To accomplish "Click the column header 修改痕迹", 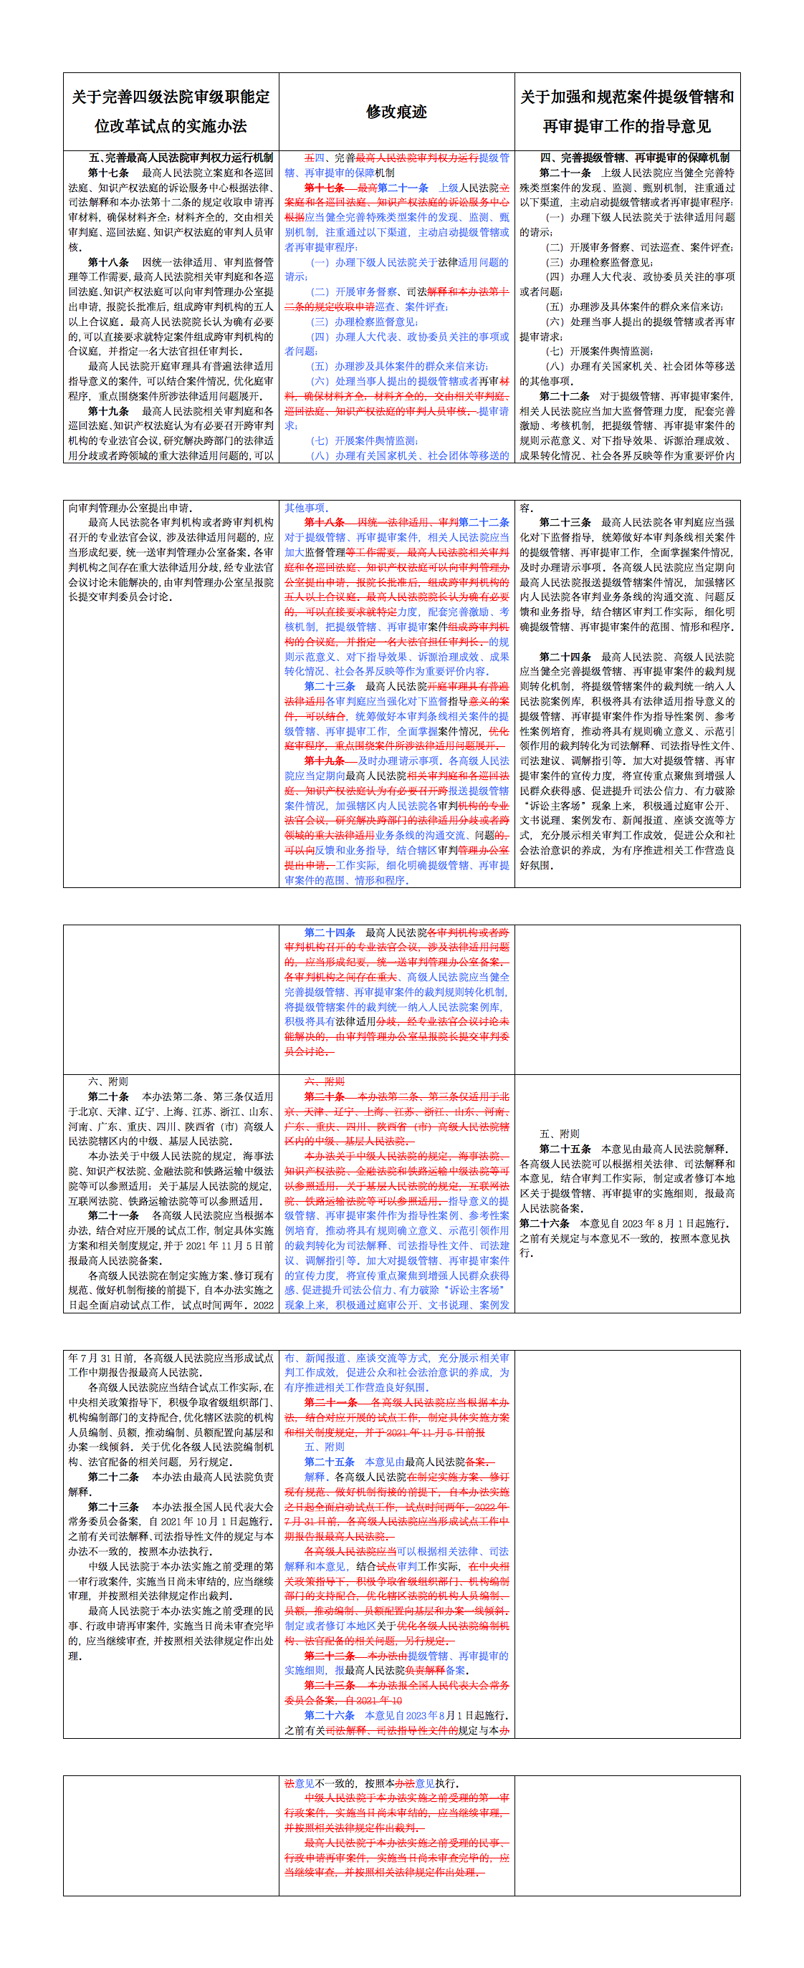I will [396, 112].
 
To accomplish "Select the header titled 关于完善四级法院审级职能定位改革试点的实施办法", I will [171, 112].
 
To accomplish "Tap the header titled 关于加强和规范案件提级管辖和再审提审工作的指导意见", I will [627, 112].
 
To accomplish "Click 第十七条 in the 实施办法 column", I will [107, 173].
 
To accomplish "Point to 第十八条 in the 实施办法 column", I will [107, 262].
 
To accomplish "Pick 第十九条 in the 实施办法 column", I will [107, 411].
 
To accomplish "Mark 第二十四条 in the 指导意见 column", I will [565, 656].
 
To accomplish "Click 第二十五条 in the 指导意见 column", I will [565, 1148].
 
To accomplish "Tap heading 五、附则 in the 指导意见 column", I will [560, 1134].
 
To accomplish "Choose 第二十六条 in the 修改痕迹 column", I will [330, 1715].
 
